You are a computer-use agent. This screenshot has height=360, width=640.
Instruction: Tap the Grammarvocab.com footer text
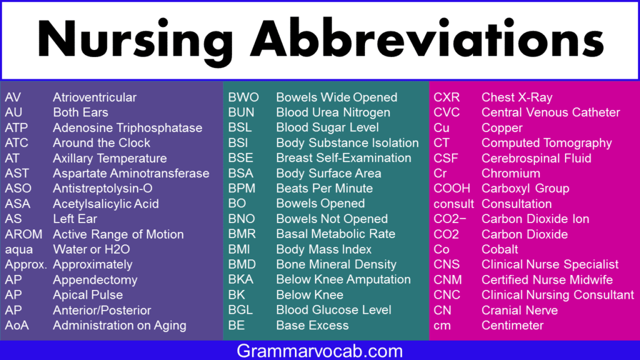click(x=319, y=351)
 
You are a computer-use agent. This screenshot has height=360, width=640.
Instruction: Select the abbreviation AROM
click(x=24, y=234)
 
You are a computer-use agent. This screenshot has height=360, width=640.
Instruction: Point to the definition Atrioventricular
click(x=95, y=97)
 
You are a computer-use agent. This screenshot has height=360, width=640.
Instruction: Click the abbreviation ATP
click(x=16, y=127)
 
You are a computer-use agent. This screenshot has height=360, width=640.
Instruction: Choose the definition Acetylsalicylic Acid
click(x=106, y=204)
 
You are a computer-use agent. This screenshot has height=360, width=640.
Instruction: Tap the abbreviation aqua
click(x=19, y=250)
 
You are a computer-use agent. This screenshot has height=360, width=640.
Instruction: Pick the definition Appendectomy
click(x=95, y=280)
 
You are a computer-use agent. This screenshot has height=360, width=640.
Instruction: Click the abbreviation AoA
click(x=17, y=325)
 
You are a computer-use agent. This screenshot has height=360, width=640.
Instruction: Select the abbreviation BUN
click(x=241, y=112)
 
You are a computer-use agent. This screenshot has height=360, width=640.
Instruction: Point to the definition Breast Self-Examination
click(x=344, y=158)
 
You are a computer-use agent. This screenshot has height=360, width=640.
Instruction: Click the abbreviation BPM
click(x=242, y=188)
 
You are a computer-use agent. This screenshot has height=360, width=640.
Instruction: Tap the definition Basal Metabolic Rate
click(x=336, y=234)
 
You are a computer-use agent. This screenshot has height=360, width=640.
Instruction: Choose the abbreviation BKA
click(x=241, y=279)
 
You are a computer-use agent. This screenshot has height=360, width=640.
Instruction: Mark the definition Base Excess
click(x=312, y=325)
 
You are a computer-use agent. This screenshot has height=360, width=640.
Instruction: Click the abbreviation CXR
click(x=446, y=97)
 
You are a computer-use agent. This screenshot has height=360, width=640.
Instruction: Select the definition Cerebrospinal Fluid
click(x=536, y=158)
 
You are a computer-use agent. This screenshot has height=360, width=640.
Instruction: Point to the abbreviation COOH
click(x=452, y=188)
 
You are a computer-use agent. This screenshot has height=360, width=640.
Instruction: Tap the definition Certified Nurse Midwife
click(x=547, y=279)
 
